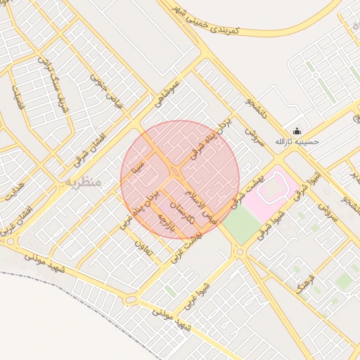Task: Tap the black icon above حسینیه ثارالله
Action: pyautogui.click(x=297, y=131)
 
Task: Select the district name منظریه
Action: pyautogui.click(x=84, y=181)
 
